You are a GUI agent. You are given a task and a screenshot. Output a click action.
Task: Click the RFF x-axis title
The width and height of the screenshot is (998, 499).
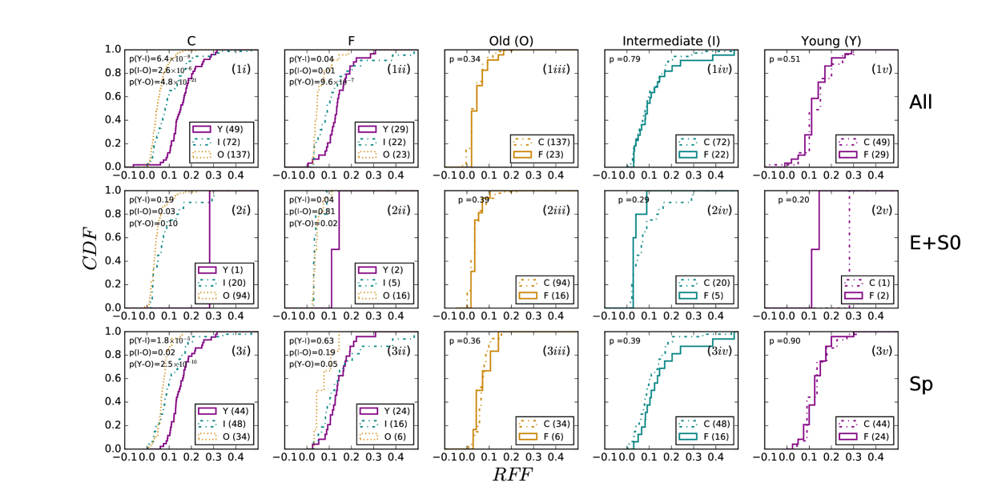point(511,474)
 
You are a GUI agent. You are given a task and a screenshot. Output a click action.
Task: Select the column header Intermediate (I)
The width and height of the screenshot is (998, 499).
point(671,40)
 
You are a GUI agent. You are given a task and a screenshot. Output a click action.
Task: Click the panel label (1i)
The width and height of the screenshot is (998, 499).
point(239,69)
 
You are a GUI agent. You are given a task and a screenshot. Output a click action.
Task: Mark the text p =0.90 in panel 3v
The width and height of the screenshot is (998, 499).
point(782,340)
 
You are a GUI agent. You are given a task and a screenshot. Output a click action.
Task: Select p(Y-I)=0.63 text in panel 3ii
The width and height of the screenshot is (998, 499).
point(309,340)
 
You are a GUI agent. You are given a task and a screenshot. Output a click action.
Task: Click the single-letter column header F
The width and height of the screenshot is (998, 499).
point(351,40)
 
